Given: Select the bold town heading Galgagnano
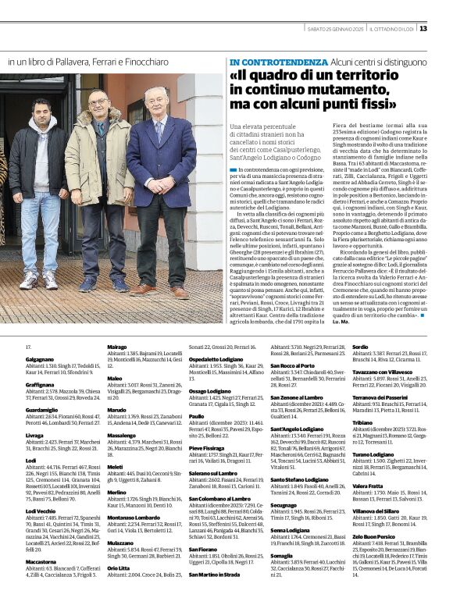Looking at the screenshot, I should tap(42, 358).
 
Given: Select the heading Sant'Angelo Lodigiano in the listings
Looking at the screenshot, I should tap(296, 428).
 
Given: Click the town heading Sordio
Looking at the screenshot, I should tap(360, 346).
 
